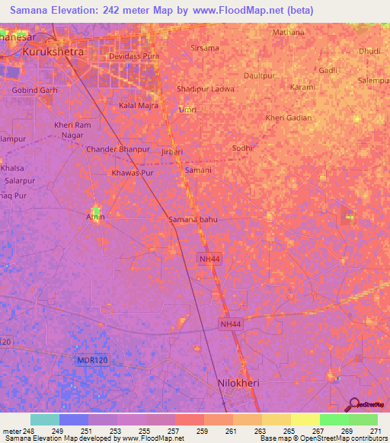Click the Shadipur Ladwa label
205,89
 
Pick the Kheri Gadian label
289,117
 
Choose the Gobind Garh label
35,90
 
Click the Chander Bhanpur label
118,149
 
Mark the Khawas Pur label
133,174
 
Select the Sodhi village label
241,148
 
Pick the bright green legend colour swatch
334,419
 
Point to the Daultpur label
259,76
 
